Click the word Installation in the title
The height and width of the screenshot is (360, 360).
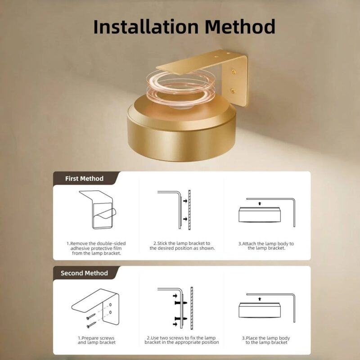(x=146, y=27)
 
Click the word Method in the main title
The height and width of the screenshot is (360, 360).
(x=240, y=27)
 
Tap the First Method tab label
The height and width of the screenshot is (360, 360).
(x=84, y=179)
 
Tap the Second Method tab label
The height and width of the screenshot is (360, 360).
(x=84, y=273)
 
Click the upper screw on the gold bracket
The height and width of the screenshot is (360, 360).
(x=234, y=72)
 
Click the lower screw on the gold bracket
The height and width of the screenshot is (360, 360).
(x=233, y=91)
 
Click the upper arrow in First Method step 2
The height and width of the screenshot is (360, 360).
(x=185, y=201)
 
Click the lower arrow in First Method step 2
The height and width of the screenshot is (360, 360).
(x=185, y=219)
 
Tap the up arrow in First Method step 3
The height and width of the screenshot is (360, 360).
(x=260, y=203)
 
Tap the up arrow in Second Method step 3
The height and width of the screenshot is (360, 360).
(x=260, y=299)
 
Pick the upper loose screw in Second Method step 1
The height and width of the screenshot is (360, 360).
(x=91, y=316)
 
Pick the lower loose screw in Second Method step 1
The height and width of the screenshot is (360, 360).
(x=91, y=325)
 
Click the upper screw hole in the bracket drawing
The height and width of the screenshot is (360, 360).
(x=110, y=305)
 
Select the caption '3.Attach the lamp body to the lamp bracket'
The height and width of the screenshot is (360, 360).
(x=266, y=246)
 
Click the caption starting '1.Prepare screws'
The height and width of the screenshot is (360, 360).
(x=96, y=340)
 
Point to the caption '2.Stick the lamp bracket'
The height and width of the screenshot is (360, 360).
(x=182, y=246)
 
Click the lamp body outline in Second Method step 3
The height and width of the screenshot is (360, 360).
(x=260, y=310)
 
